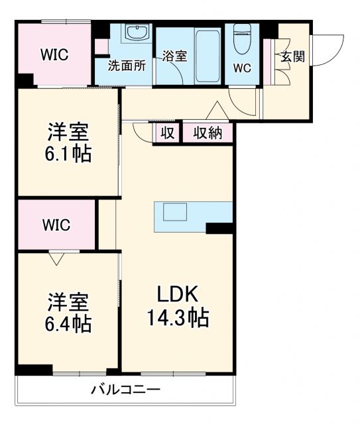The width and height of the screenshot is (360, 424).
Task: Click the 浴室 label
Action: point(174,56)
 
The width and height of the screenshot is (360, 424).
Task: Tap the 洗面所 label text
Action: point(127,67)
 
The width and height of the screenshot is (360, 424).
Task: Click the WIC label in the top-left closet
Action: point(55,54)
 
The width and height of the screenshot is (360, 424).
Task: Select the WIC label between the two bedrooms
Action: point(56,224)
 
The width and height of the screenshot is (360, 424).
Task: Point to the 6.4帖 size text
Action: point(69,324)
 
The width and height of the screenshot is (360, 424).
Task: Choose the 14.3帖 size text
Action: point(177,318)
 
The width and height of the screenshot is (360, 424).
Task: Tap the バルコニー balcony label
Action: point(125,390)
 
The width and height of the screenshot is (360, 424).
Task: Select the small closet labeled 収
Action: point(168,132)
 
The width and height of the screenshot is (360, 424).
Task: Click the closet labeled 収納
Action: point(208,132)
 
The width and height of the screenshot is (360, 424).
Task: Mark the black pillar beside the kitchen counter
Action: point(219,229)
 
